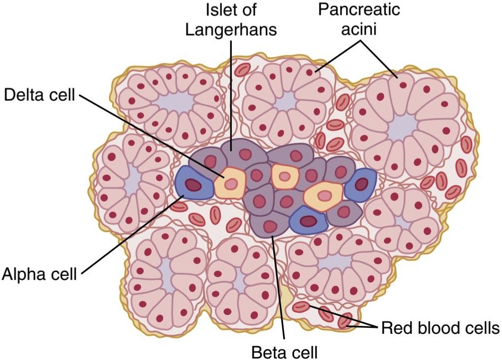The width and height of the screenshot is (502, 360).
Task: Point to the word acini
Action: point(359,29)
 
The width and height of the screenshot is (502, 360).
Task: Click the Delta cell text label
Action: point(40,95)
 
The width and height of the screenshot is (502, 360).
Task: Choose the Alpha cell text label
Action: point(40,274)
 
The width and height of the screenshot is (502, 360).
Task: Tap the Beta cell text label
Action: point(284,352)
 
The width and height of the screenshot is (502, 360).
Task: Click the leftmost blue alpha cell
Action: point(193,183)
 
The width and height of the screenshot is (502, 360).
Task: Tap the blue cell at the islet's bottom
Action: point(308,220)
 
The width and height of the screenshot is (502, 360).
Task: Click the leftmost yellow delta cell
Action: point(230,183)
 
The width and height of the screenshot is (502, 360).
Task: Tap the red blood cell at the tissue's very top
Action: point(243,70)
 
